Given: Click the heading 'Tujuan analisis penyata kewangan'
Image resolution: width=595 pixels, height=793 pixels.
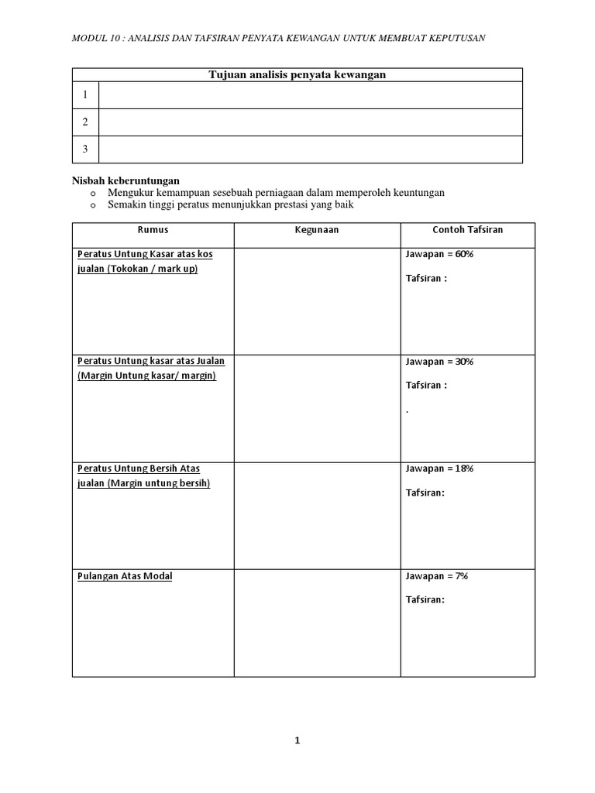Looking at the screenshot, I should [x=297, y=74].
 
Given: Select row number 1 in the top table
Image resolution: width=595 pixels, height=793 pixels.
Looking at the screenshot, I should [x=85, y=95].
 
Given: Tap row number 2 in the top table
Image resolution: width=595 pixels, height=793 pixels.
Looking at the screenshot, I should [x=85, y=122].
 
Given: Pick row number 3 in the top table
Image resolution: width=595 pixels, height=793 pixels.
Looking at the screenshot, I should [x=85, y=149].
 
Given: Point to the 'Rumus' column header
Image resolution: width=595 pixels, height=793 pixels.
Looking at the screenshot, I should [x=153, y=230].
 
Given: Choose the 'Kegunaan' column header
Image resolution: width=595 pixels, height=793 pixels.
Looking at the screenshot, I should [x=316, y=230].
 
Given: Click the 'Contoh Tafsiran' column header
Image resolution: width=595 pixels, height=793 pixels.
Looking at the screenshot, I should [x=467, y=230].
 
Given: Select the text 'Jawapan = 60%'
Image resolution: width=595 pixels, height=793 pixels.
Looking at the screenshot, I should [x=439, y=254].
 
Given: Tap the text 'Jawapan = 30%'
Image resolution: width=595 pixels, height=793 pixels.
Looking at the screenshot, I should [x=439, y=362].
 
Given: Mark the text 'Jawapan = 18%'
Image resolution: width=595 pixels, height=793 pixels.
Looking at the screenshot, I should [x=439, y=469].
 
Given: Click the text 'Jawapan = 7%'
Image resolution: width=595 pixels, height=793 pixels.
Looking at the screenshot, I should [x=437, y=576].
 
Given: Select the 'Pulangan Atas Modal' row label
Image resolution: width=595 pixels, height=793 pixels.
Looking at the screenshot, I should [x=124, y=576].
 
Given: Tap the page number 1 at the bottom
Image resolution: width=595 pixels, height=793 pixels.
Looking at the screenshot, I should [x=297, y=740].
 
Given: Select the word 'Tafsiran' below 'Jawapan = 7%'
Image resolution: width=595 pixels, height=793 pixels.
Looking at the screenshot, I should [x=425, y=599].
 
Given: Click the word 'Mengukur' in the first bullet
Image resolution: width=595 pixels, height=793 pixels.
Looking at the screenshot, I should [x=129, y=192].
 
